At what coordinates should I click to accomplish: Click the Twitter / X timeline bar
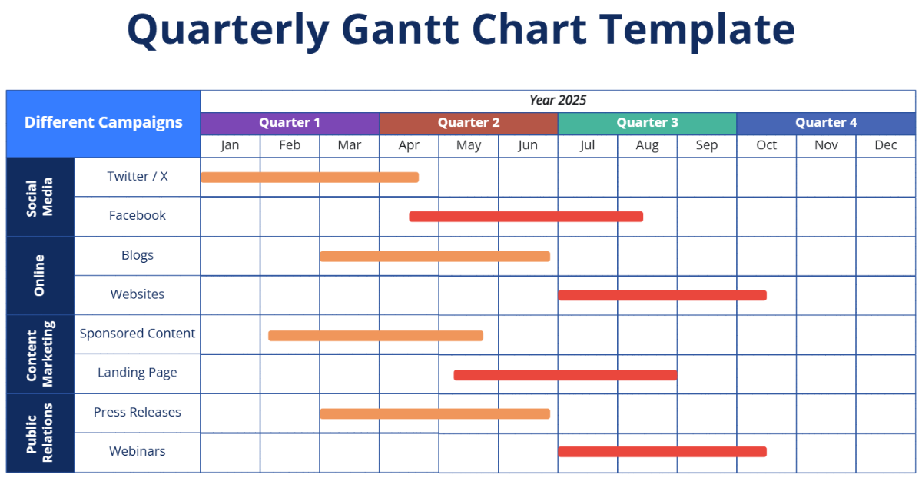[x=310, y=178]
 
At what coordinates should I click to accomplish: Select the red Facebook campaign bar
[x=526, y=217]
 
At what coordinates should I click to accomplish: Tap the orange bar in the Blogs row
[x=435, y=257]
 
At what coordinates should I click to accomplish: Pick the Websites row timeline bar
[x=662, y=296]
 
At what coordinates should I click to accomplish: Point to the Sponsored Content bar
[x=376, y=336]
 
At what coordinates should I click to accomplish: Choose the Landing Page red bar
[x=565, y=375]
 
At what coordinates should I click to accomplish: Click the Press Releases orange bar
[x=435, y=414]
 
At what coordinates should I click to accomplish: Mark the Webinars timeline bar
[x=662, y=452]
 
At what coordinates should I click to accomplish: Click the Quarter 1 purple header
[x=290, y=123]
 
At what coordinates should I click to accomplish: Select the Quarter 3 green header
[x=647, y=123]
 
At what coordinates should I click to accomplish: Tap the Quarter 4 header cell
[x=826, y=123]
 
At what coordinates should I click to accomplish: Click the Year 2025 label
[x=558, y=101]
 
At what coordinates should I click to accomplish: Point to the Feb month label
[x=290, y=145]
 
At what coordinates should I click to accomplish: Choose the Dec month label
[x=885, y=145]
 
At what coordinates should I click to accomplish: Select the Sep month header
[x=706, y=145]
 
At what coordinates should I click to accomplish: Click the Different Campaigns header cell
[x=104, y=123]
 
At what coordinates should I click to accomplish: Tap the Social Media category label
[x=40, y=198]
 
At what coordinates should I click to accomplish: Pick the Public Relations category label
[x=40, y=433]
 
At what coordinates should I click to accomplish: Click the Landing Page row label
[x=138, y=373]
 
